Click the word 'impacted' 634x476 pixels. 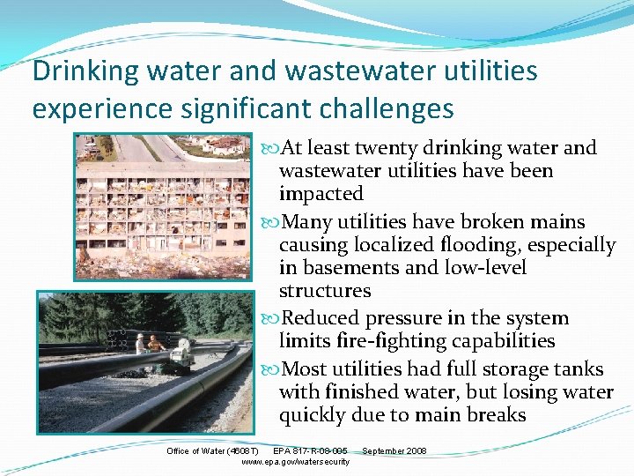tap(321, 194)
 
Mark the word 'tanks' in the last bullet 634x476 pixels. tap(576, 368)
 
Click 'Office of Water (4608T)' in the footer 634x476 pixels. tap(212, 451)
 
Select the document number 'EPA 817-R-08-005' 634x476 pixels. tap(310, 451)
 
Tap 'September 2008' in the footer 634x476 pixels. tap(394, 451)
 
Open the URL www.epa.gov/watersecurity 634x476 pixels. tap(295, 462)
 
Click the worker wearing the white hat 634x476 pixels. tap(140, 343)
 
